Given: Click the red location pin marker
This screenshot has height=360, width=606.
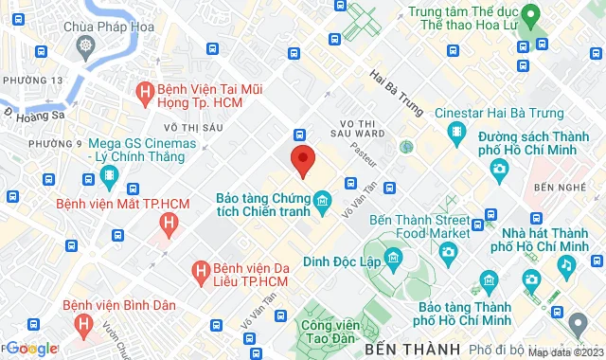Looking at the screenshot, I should point(302,160).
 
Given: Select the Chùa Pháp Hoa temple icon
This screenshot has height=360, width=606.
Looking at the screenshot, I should point(86,45).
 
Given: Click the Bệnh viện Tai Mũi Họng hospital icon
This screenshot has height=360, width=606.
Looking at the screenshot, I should point(145,93).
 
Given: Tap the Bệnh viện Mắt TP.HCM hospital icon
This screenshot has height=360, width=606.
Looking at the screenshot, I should point(169,224).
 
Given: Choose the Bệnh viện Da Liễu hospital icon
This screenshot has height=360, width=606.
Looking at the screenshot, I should point(201,272).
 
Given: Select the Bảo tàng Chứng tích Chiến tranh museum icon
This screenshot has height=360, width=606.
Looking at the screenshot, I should point(323,200).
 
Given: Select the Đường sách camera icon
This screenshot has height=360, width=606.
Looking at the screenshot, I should point(499,170).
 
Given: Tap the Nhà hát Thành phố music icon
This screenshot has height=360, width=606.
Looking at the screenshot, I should point(565,265).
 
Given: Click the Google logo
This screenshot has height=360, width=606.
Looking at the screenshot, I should point(31,349).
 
